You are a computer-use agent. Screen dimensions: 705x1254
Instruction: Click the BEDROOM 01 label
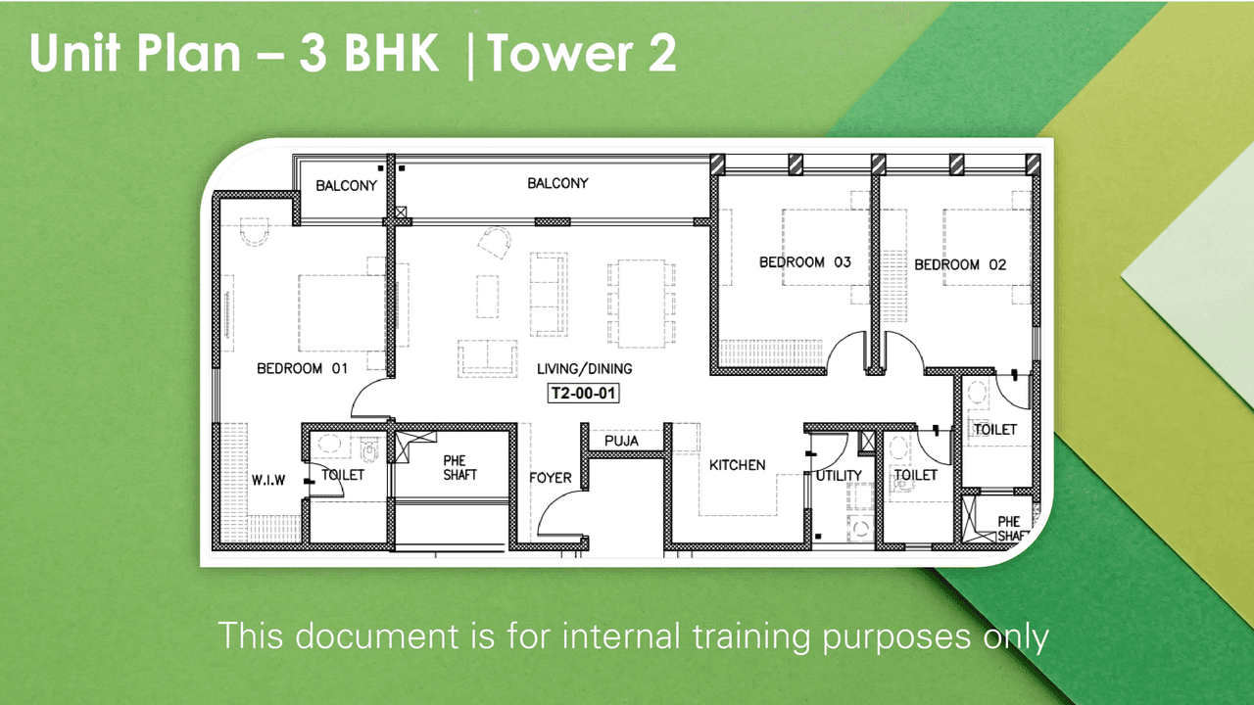(x=303, y=369)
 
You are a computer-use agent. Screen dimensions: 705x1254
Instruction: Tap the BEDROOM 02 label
(x=960, y=264)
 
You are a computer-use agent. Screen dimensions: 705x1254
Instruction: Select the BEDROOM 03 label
(x=805, y=262)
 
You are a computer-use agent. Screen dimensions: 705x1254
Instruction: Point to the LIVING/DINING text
(x=584, y=369)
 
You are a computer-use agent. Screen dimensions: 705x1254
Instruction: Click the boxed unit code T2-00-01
(x=584, y=394)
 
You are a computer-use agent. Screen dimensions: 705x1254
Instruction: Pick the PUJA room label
(x=621, y=441)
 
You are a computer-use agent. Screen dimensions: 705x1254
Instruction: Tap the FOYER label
(x=551, y=478)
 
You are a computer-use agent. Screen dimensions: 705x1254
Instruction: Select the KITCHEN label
(x=737, y=465)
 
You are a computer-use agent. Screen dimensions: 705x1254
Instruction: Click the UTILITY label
(x=839, y=476)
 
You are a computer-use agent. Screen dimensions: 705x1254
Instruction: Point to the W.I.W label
(x=267, y=480)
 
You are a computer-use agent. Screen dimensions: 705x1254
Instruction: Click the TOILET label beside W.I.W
(x=343, y=475)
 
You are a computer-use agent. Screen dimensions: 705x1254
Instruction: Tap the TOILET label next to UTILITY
(x=915, y=475)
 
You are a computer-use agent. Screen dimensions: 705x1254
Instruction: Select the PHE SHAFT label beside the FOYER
(x=459, y=467)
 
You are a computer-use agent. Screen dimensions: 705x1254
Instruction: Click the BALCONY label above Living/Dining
(x=557, y=183)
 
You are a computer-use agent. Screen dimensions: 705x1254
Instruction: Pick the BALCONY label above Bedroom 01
(x=346, y=186)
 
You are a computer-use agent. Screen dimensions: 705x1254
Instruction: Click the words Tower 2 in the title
(x=582, y=56)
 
